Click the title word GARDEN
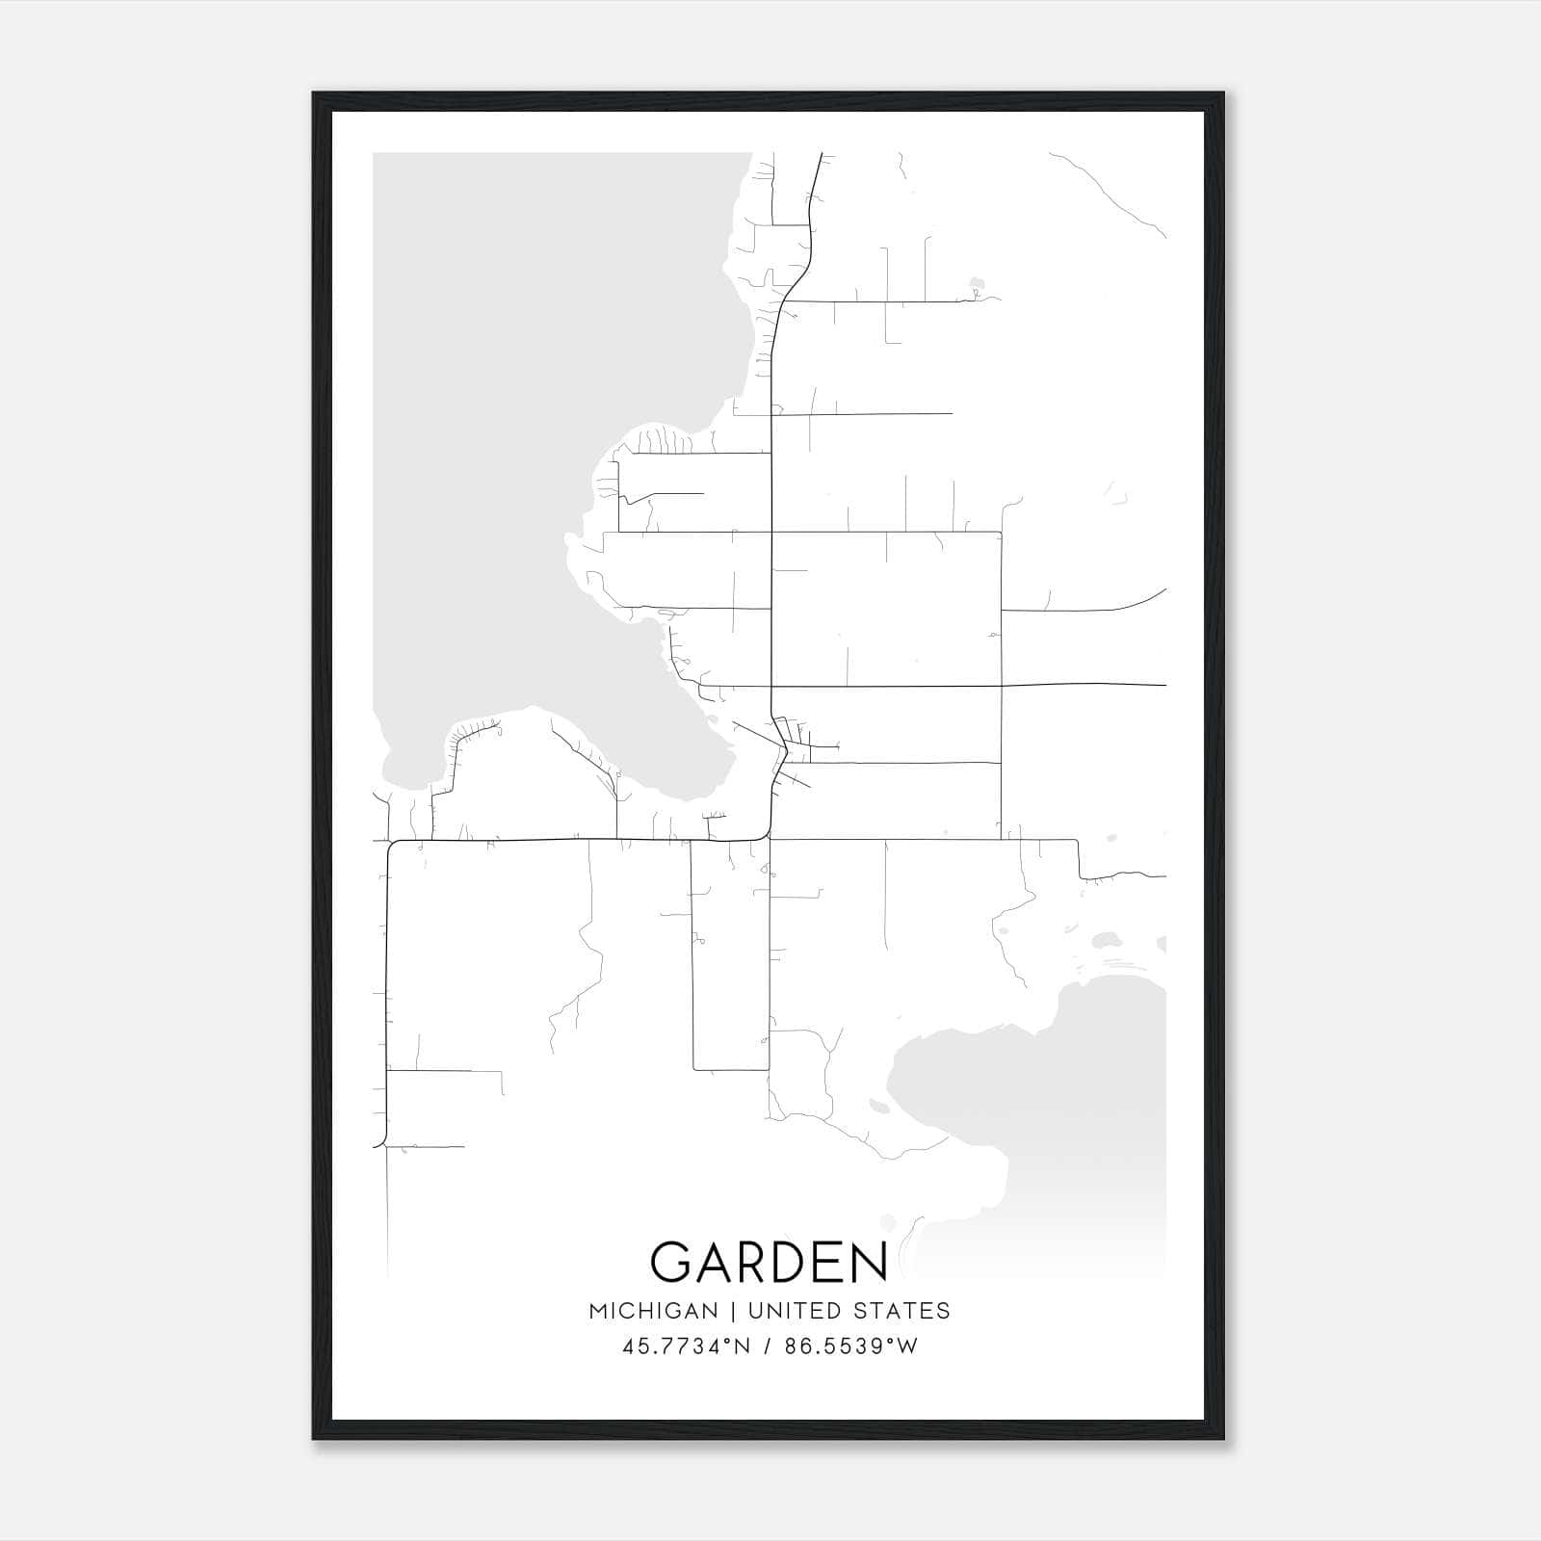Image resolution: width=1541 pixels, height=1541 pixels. pyautogui.click(x=769, y=1262)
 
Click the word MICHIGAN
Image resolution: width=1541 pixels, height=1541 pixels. pyautogui.click(x=653, y=1311)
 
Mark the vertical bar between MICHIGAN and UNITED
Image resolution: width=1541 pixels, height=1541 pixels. pyautogui.click(x=733, y=1311)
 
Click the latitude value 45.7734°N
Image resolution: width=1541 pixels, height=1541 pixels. pyautogui.click(x=684, y=1346)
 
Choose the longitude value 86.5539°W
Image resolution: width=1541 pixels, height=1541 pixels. pyautogui.click(x=851, y=1346)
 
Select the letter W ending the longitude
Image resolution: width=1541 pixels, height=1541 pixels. pyautogui.click(x=908, y=1346)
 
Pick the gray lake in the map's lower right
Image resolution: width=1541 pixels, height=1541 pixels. pyautogui.click(x=1069, y=1088)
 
